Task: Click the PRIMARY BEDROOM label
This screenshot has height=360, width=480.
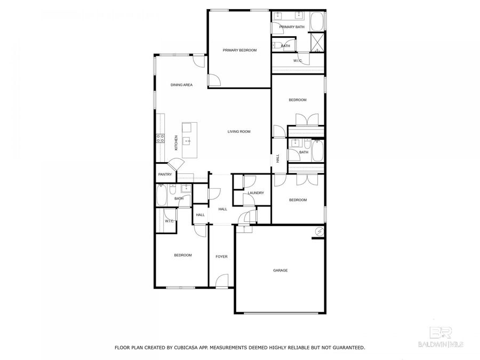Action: point(239,50)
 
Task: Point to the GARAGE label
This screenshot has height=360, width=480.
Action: point(281,270)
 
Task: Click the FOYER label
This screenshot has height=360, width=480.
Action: point(221,257)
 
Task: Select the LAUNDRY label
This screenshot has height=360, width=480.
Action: point(256,193)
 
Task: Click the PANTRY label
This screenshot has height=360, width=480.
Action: point(165,174)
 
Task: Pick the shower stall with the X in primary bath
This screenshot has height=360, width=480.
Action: point(317,42)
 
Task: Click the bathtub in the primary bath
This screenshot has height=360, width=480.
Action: point(317,22)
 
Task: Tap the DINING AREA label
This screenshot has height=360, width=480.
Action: point(181,85)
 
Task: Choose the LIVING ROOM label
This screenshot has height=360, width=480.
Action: point(239,131)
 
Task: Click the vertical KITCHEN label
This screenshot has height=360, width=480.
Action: point(176,142)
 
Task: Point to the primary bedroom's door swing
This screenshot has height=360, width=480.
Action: point(213,80)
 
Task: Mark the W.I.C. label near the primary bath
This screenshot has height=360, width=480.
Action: point(298,61)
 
